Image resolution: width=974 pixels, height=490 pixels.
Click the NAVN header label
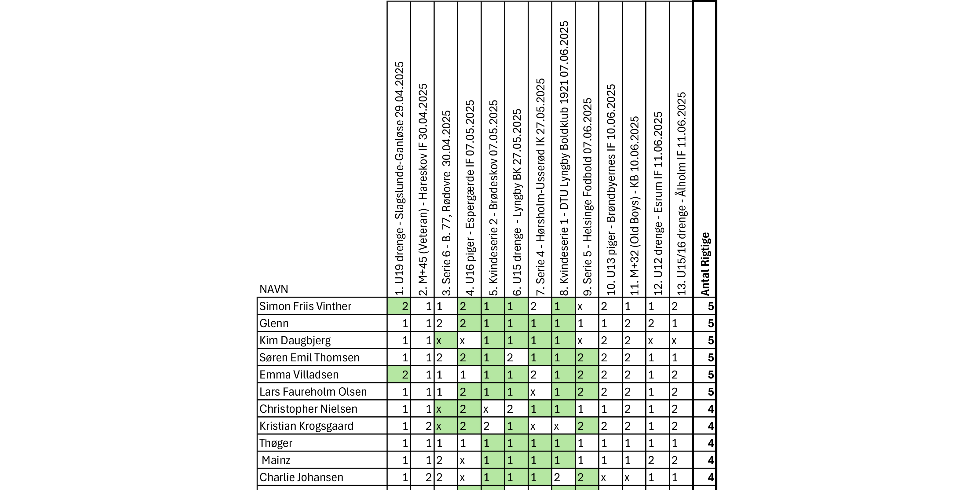pos(274,289)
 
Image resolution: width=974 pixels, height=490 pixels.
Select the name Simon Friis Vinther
pos(305,306)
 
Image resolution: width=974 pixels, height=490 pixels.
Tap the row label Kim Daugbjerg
pos(295,341)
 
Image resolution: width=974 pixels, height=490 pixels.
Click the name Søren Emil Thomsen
pos(309,358)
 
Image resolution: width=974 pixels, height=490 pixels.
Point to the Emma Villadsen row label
pos(299,375)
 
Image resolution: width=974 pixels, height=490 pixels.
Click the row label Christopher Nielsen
pos(308,409)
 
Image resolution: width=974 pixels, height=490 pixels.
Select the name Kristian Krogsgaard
pos(306,426)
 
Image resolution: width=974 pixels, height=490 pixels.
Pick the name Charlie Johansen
pos(301,477)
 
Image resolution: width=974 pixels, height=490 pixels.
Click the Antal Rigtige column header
pos(705,264)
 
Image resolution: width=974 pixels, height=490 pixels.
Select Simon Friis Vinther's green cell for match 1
pos(399,306)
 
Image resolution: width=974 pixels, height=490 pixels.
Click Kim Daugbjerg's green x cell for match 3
pos(446,341)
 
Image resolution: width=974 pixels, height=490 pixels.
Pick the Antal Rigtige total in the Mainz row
pos(705,460)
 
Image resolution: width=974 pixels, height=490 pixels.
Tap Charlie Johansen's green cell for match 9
pos(587,477)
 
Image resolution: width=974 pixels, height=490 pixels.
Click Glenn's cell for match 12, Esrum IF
pos(657,324)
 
